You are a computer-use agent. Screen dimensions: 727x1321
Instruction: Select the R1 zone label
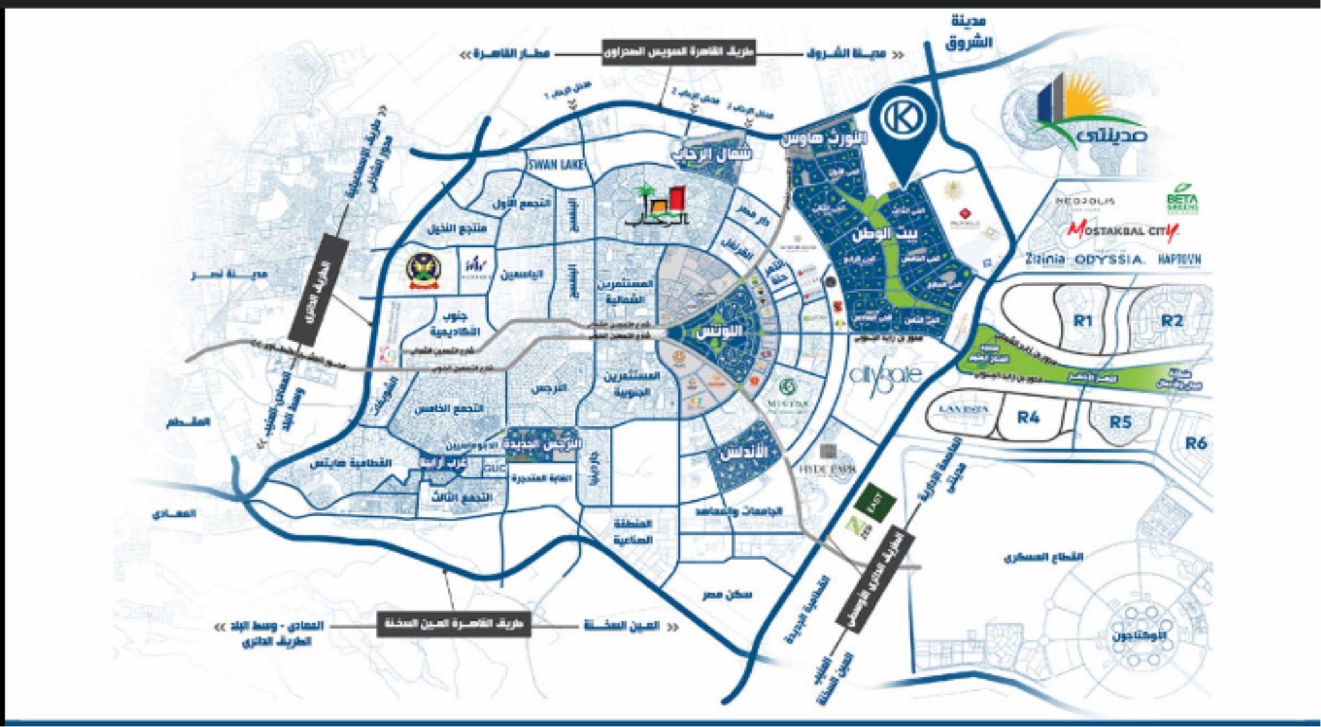pyautogui.click(x=1082, y=321)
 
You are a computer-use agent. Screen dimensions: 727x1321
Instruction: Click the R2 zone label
pyautogui.click(x=1172, y=321)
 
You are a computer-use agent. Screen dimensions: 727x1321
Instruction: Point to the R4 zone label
pyautogui.click(x=1028, y=418)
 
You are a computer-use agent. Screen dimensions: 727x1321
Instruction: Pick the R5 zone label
pyautogui.click(x=1120, y=422)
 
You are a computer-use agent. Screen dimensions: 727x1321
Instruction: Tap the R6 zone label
pyautogui.click(x=1196, y=443)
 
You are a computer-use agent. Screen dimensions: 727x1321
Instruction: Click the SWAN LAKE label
pyautogui.click(x=555, y=165)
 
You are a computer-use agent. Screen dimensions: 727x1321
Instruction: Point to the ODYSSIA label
pyautogui.click(x=1109, y=260)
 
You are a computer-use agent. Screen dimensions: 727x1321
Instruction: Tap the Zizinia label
pyautogui.click(x=1045, y=259)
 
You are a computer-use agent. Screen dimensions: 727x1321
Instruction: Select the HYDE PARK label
pyautogui.click(x=828, y=469)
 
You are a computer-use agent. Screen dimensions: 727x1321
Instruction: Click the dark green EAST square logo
pyautogui.click(x=875, y=505)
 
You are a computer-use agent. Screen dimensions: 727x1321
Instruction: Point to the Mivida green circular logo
pyautogui.click(x=787, y=387)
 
